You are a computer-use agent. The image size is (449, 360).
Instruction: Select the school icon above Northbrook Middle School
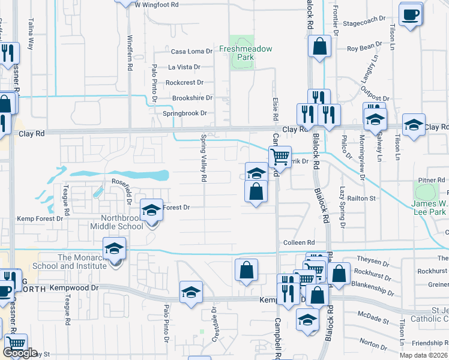point(152,210)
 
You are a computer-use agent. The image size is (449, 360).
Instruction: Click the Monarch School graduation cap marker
point(114,249)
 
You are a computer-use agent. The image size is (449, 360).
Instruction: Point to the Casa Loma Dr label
point(192,52)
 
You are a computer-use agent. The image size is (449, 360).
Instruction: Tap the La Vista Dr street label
point(188,67)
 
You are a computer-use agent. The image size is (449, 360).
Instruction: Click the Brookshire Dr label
point(192,98)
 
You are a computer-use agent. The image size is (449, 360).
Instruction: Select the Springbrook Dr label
point(185,113)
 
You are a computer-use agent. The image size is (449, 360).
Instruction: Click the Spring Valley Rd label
point(203,158)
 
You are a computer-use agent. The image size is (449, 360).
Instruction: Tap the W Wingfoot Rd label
point(157,4)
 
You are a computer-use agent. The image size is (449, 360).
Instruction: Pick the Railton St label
point(363,198)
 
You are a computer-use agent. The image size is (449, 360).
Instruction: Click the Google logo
point(20,353)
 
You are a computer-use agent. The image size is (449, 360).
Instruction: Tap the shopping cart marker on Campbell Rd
point(280,157)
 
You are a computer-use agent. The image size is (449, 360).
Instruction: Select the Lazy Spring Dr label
point(343,207)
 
